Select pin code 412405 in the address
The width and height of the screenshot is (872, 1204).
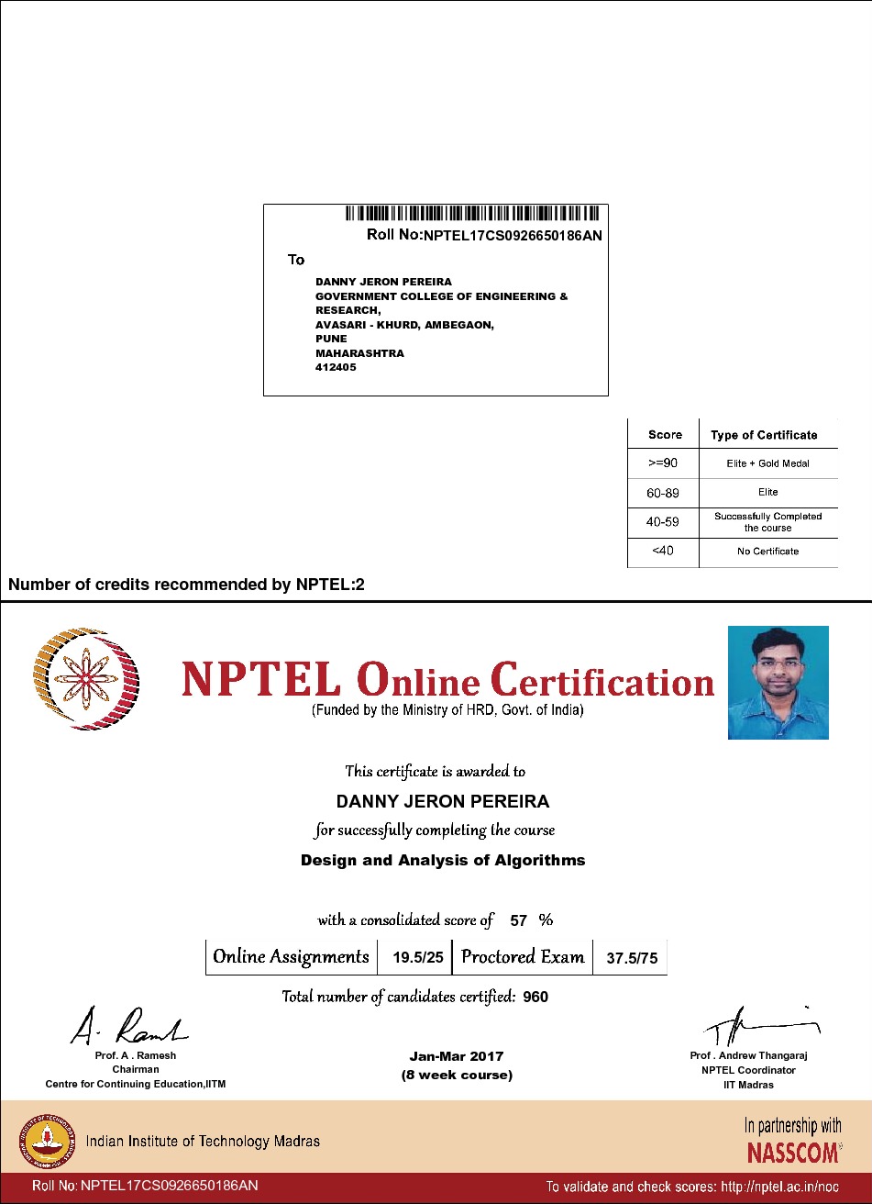click(336, 367)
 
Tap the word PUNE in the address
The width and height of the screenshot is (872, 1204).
click(331, 339)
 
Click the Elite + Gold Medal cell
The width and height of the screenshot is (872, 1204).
click(767, 463)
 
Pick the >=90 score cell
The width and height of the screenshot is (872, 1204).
click(662, 463)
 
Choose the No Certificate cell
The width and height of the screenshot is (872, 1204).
click(767, 552)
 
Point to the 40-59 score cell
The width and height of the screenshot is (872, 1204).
click(662, 522)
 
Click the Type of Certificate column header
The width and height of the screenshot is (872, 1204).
click(764, 435)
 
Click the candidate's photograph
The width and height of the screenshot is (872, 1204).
click(778, 683)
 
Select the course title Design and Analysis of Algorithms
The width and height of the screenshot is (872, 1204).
click(443, 861)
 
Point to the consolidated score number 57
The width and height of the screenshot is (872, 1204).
click(518, 920)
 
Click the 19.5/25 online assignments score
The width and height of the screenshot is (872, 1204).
click(418, 958)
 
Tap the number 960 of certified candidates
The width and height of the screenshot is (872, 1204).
click(535, 997)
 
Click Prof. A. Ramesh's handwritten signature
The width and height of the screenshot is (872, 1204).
click(128, 1025)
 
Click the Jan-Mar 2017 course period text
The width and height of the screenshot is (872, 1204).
click(457, 1056)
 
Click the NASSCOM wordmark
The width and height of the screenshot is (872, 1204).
click(793, 1152)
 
